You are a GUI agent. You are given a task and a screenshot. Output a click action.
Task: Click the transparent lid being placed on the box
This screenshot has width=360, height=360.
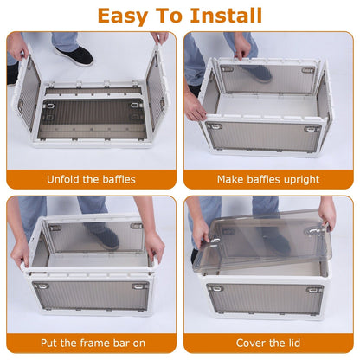tap(260, 244)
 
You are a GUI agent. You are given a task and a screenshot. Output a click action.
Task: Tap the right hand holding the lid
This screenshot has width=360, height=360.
tap(328, 213)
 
